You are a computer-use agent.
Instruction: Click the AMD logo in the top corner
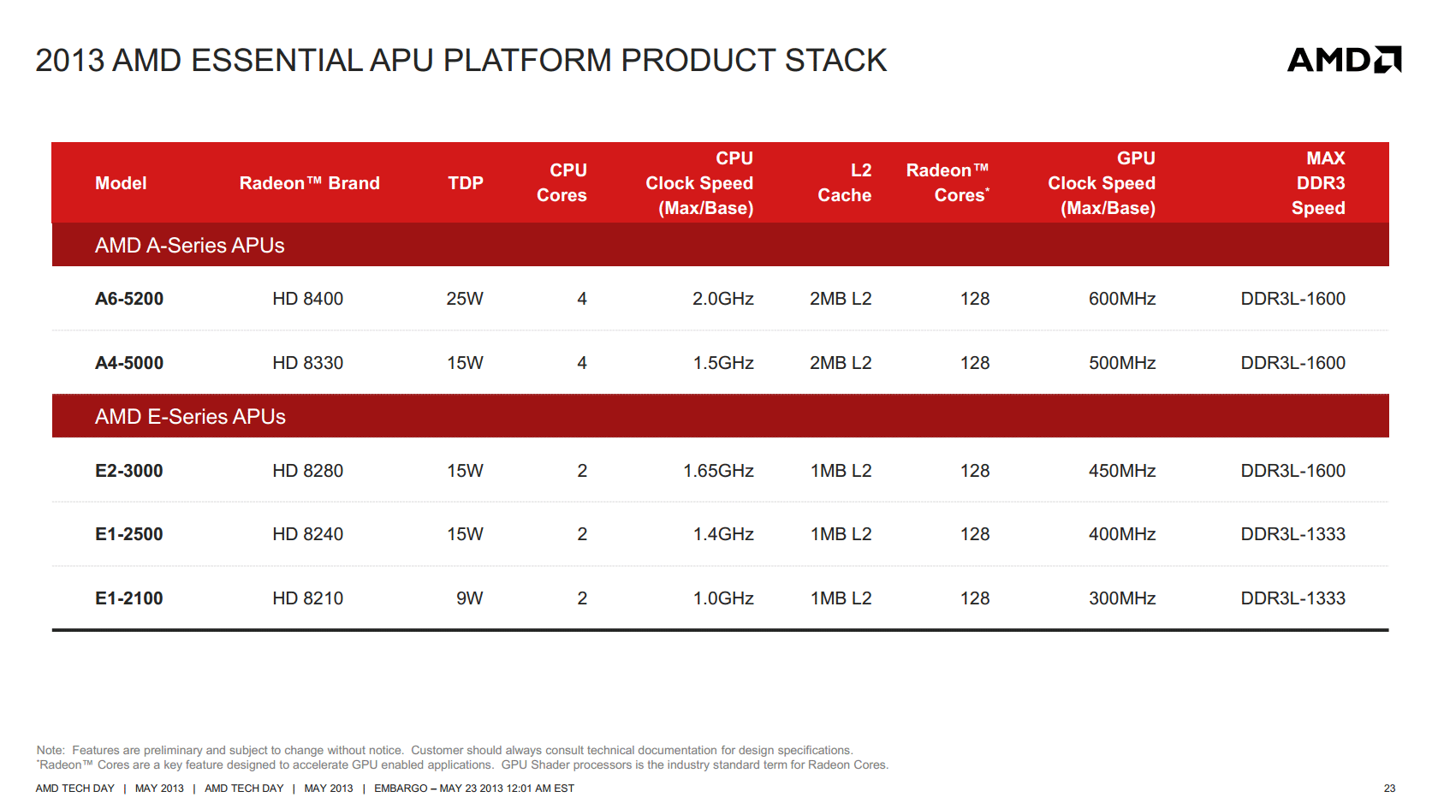click(x=1344, y=60)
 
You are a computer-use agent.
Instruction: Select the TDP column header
click(x=466, y=183)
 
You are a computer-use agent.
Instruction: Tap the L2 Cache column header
click(x=844, y=182)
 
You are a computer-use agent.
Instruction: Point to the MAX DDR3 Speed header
click(x=1318, y=183)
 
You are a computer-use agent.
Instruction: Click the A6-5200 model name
click(x=129, y=299)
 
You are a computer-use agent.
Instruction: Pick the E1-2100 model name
click(x=129, y=598)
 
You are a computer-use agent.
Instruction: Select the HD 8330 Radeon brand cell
click(x=307, y=363)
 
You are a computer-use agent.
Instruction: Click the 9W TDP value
click(x=469, y=598)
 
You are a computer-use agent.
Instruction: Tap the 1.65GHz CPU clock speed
click(x=718, y=471)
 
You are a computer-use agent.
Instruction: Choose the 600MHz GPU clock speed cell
click(x=1122, y=299)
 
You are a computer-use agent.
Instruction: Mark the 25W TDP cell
click(x=465, y=299)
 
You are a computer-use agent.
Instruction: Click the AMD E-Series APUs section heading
click(x=190, y=417)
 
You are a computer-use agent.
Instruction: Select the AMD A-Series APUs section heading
click(x=189, y=245)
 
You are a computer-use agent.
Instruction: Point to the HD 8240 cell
click(x=307, y=534)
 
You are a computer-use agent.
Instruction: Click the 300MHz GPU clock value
click(x=1122, y=598)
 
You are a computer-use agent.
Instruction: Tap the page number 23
click(x=1389, y=788)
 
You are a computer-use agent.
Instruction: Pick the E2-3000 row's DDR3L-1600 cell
click(x=1292, y=471)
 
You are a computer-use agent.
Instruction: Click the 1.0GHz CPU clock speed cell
click(x=723, y=598)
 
